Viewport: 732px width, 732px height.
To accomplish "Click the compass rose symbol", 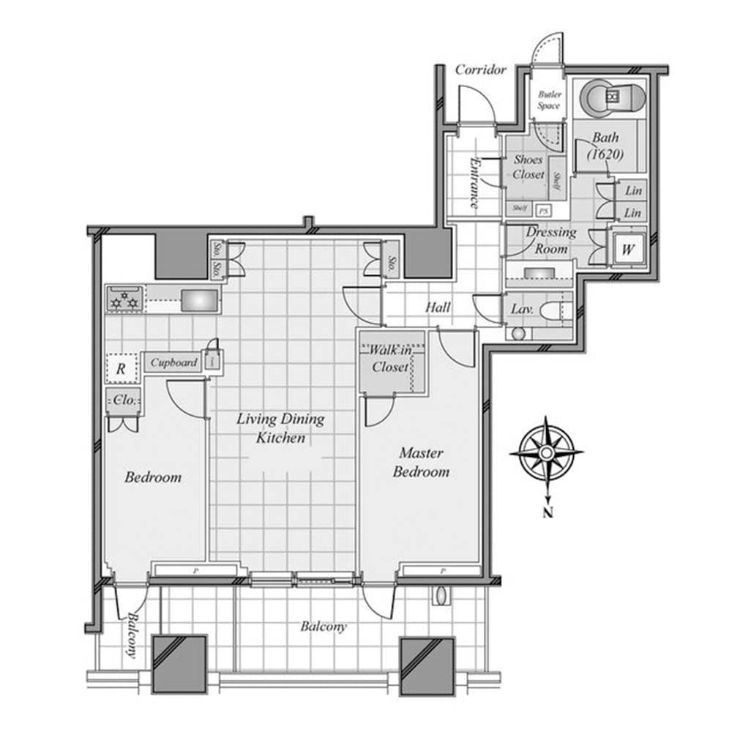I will click(x=546, y=453).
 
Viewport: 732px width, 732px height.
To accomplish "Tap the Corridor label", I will click(x=480, y=70).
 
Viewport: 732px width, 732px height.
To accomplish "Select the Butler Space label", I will click(x=549, y=100).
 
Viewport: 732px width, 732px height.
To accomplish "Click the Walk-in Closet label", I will click(x=390, y=359).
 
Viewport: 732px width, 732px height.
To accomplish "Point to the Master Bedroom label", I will click(x=421, y=463).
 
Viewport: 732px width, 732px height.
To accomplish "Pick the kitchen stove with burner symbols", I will click(x=124, y=299).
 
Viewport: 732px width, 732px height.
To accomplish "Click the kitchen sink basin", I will click(x=199, y=300).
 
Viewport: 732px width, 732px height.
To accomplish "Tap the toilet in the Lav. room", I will click(x=554, y=310).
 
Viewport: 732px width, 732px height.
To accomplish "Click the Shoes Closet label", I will click(x=529, y=167).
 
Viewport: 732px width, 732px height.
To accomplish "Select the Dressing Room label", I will click(x=551, y=240).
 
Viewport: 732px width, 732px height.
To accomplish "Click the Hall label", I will click(x=438, y=308).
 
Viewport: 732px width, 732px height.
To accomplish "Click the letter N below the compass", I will click(x=547, y=512).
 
